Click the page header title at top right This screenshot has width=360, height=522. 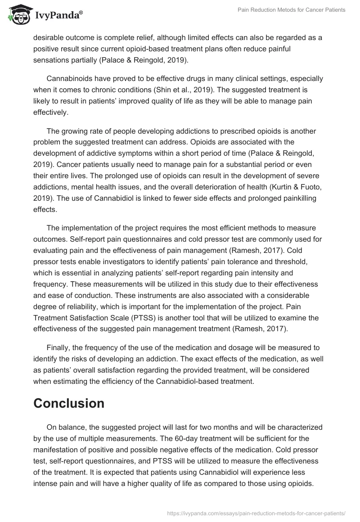point(292,10)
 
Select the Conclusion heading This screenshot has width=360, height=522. point(69,403)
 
